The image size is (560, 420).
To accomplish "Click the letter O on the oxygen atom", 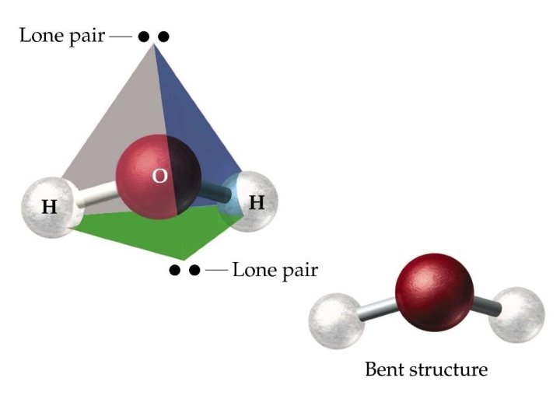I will (x=159, y=177).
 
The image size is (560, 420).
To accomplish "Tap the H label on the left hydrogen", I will (x=49, y=208).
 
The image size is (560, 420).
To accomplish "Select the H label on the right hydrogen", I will (x=256, y=203).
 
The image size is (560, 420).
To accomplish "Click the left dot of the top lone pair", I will (x=143, y=37).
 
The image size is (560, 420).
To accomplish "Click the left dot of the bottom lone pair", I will (x=175, y=271).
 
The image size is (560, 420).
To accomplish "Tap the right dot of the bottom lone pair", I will (x=194, y=271).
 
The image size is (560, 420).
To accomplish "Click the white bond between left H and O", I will (x=97, y=197).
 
